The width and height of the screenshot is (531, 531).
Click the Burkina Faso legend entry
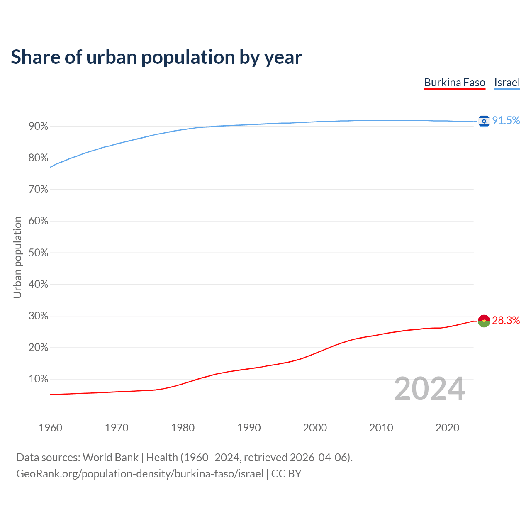[x=455, y=83]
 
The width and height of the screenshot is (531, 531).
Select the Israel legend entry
[x=507, y=83]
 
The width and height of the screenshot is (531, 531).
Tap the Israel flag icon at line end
[x=484, y=121]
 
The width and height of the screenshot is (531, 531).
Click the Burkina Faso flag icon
[x=484, y=321]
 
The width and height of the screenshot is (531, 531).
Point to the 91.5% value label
[x=506, y=120]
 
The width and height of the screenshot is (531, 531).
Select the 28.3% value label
[x=506, y=320]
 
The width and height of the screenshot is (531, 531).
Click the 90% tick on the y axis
[x=39, y=126]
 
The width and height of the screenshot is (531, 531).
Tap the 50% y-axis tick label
[x=39, y=253]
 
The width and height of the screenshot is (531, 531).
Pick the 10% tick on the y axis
[x=39, y=379]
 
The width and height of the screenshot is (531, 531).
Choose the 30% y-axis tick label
[x=39, y=316]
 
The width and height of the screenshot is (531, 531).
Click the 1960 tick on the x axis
[x=50, y=428]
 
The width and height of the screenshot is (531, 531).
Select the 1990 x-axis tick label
[x=249, y=428]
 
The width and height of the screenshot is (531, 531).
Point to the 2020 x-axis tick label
[x=447, y=428]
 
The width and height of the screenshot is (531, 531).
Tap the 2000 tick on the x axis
[x=315, y=428]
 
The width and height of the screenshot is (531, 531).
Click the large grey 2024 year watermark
[x=429, y=389]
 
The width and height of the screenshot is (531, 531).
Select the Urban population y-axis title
[x=17, y=257]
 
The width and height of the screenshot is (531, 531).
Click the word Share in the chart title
[x=35, y=57]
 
